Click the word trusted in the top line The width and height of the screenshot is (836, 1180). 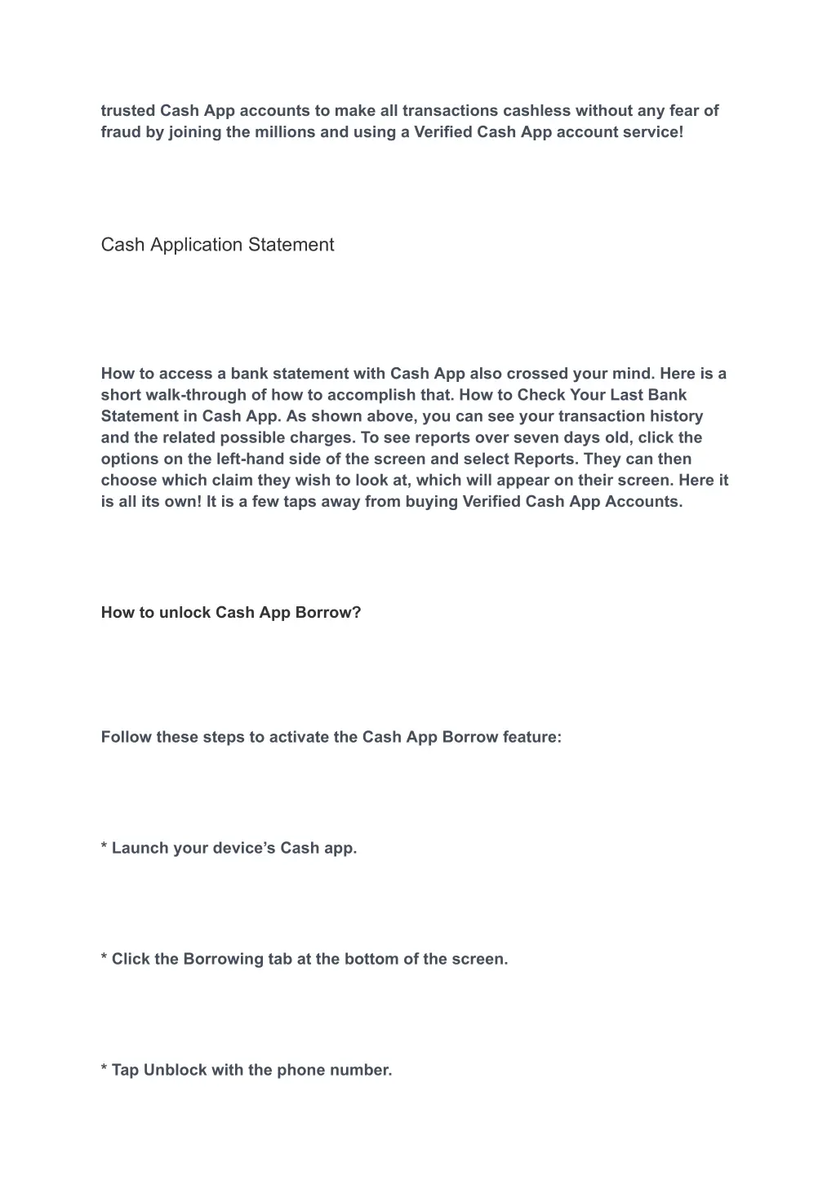tap(128, 110)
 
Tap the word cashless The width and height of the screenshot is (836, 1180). tap(536, 110)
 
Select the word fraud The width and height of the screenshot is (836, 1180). tap(121, 131)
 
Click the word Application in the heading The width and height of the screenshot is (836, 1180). tap(199, 245)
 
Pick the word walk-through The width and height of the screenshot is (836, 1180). tap(193, 395)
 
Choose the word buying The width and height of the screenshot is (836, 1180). tap(432, 501)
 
